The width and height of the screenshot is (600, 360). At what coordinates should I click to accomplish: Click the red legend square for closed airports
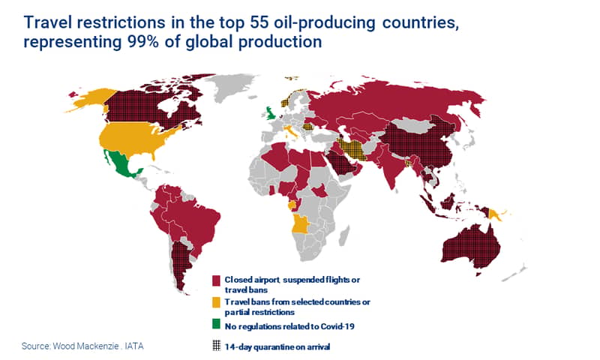(216, 280)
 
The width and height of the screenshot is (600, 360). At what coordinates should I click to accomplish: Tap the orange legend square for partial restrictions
(216, 302)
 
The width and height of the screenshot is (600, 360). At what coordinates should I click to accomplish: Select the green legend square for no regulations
(216, 325)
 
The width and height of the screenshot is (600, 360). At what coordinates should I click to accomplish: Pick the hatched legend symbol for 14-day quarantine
(216, 346)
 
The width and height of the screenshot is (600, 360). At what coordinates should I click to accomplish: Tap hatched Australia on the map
(472, 247)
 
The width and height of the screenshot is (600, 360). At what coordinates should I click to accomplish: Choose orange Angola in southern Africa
(299, 224)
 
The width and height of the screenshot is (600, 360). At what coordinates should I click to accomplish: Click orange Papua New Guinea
(497, 215)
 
